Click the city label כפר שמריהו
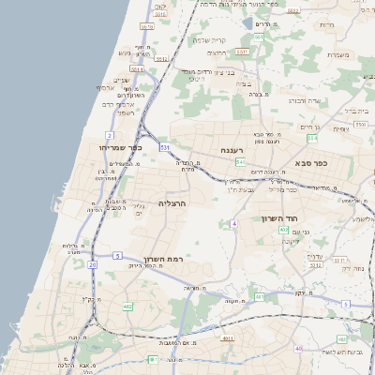click(x=117, y=147)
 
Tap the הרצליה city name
click(x=172, y=202)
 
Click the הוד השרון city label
click(x=279, y=218)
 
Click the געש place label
click(x=125, y=53)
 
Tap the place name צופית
click(x=340, y=128)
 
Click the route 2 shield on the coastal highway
click(x=110, y=135)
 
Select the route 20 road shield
click(x=92, y=264)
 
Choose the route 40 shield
click(x=299, y=348)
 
